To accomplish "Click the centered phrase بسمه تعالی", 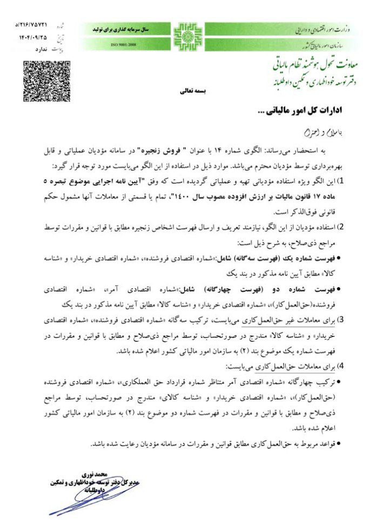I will click(x=193, y=91).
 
